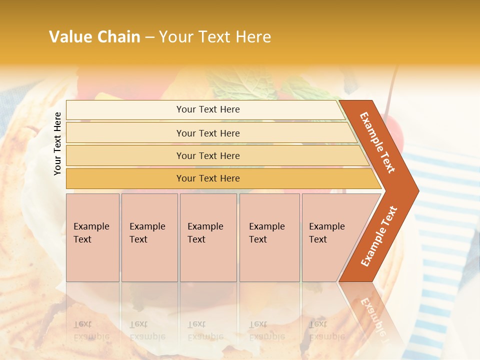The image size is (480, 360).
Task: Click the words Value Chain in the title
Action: click(94, 37)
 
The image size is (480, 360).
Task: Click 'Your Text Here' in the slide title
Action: click(215, 37)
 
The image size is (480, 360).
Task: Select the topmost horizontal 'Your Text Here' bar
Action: click(207, 109)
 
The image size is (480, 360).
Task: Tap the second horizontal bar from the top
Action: click(207, 133)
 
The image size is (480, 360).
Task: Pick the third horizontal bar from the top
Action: click(207, 155)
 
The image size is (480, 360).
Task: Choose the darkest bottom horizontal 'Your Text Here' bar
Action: click(207, 178)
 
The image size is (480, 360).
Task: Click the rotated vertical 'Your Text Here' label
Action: click(57, 144)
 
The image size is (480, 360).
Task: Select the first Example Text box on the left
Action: click(92, 237)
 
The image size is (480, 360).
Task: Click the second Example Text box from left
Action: click(149, 237)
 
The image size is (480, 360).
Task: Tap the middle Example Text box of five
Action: click(208, 237)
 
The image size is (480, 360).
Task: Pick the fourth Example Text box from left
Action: click(269, 237)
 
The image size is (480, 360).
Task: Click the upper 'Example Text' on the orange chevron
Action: click(377, 142)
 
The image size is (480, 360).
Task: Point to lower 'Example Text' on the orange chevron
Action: click(379, 236)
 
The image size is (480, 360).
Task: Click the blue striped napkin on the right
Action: click(445, 210)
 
